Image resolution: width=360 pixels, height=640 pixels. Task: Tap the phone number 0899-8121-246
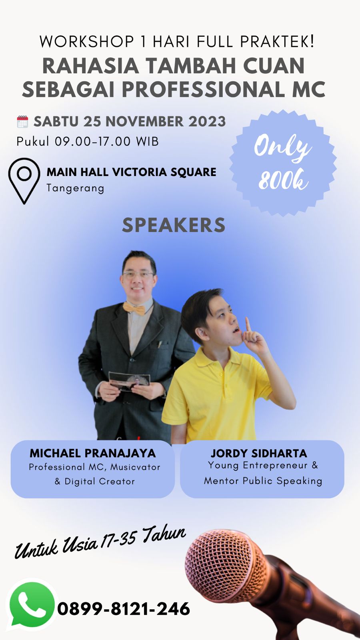(x=124, y=609)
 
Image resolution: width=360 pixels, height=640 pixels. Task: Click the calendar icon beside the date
(x=22, y=122)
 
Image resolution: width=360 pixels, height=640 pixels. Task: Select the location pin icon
(x=24, y=181)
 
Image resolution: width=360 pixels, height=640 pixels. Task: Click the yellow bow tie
(x=134, y=308)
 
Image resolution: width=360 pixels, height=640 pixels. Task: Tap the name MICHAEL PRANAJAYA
(x=93, y=453)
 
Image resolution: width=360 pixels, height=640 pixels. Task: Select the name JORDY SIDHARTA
(x=259, y=453)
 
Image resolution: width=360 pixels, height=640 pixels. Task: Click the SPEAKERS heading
(x=174, y=225)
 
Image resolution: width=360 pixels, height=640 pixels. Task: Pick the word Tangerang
(x=76, y=188)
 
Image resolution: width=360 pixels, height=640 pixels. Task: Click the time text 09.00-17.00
(x=92, y=142)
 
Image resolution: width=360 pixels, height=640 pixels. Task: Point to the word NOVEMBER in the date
(x=144, y=122)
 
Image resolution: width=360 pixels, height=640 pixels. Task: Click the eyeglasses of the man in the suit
(x=138, y=275)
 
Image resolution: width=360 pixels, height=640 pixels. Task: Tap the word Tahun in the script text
(x=164, y=534)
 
